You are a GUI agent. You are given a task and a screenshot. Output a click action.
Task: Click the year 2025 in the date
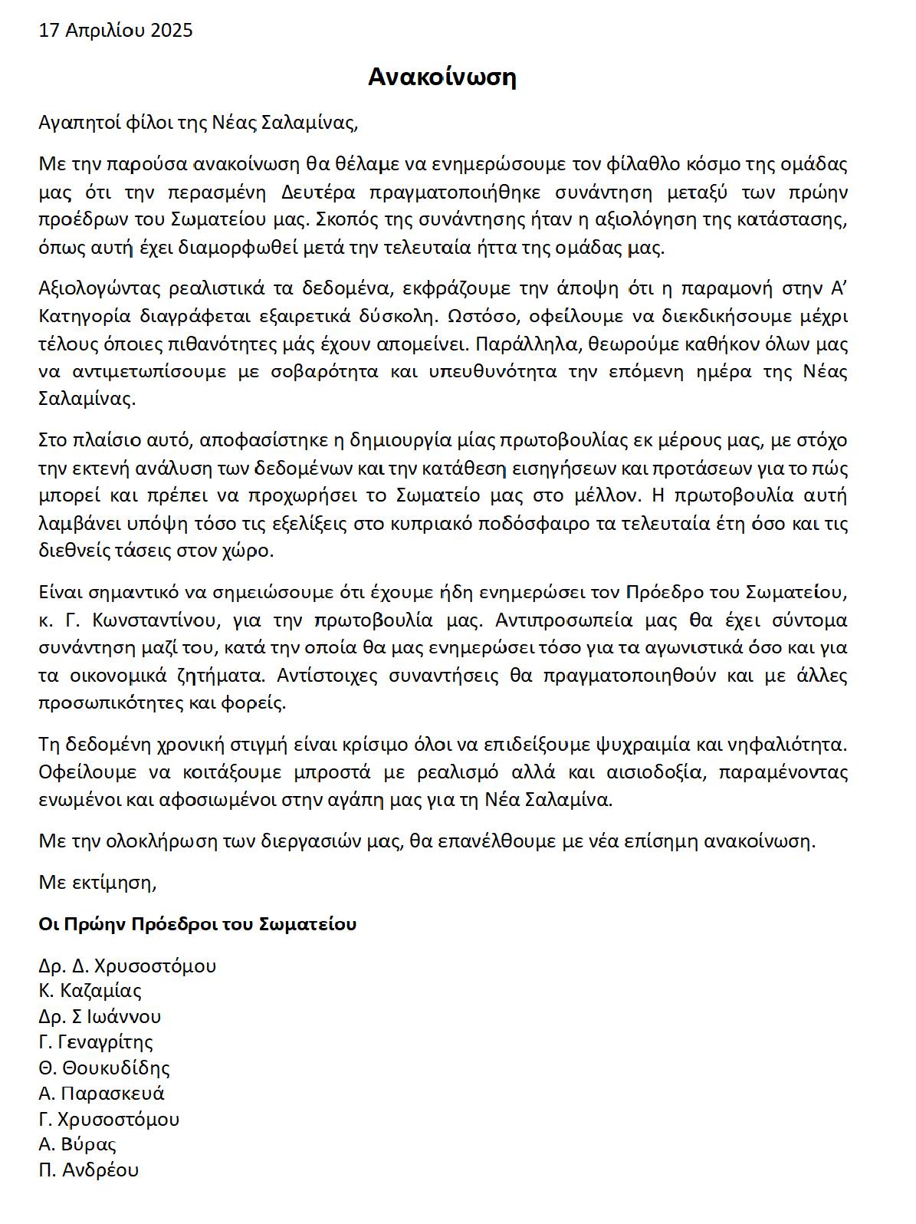[x=172, y=31]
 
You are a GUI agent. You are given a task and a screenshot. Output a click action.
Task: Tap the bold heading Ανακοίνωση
[x=442, y=77]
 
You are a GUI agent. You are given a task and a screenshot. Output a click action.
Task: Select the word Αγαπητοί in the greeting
[x=71, y=123]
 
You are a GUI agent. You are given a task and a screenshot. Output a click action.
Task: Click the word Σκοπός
[x=344, y=219]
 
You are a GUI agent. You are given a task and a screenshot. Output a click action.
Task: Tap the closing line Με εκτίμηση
[x=97, y=883]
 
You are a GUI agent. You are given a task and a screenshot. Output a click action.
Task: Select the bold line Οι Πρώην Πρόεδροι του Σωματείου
[x=198, y=924]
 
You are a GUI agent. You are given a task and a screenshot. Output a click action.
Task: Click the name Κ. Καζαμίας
[x=90, y=991]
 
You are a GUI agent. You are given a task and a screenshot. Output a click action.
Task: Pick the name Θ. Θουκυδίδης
[x=104, y=1068]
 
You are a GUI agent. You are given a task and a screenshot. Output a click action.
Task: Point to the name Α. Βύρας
[x=77, y=1144]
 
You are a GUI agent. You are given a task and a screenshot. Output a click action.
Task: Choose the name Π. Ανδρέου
[x=89, y=1170]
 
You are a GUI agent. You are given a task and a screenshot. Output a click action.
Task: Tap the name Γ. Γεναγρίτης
[x=96, y=1042]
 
